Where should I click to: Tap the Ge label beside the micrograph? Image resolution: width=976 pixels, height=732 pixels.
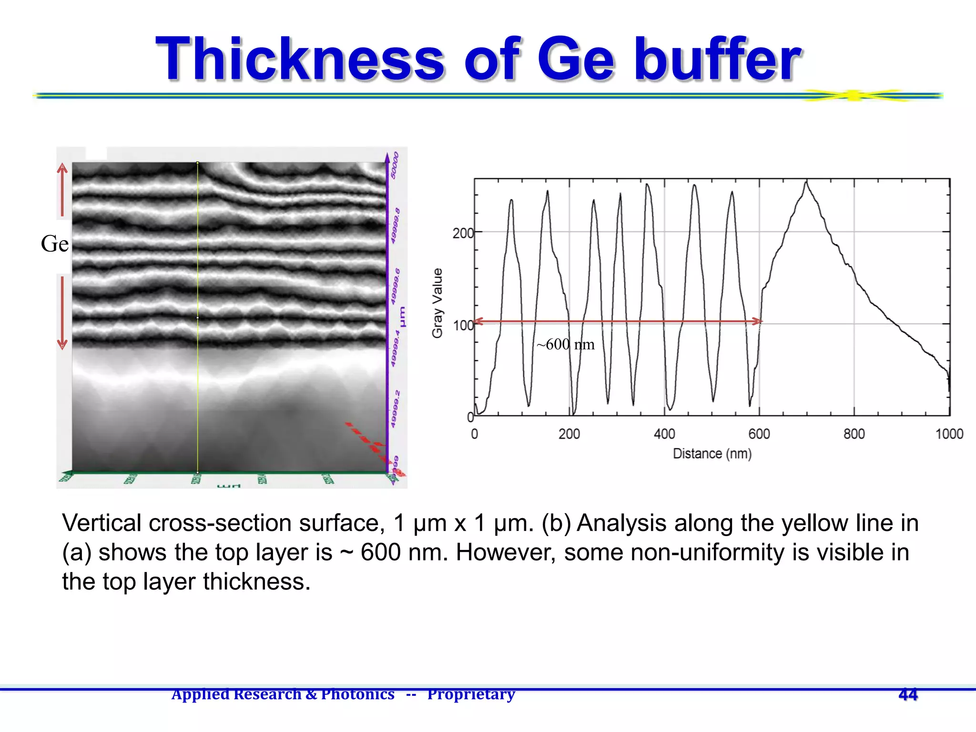[54, 244]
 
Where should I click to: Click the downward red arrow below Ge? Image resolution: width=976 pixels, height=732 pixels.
[62, 312]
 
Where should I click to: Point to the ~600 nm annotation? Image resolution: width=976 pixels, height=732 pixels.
[565, 344]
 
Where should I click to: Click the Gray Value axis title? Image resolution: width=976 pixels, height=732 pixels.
[437, 303]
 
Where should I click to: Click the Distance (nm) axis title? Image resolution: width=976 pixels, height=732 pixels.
[712, 454]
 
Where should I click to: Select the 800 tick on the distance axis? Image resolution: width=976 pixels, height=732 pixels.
[854, 434]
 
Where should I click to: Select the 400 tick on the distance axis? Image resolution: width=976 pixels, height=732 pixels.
[664, 434]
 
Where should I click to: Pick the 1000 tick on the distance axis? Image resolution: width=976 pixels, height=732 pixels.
[949, 434]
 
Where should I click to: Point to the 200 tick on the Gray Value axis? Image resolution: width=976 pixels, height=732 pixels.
[463, 234]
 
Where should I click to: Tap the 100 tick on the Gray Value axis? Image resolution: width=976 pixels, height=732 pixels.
[463, 326]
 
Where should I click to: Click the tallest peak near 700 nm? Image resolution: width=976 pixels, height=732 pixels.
[806, 183]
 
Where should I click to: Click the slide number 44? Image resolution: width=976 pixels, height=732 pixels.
[908, 694]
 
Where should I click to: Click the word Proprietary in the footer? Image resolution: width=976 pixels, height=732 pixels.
[471, 694]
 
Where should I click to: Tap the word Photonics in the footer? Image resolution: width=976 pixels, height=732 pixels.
[357, 694]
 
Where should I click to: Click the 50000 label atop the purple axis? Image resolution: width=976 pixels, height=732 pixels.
[395, 165]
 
